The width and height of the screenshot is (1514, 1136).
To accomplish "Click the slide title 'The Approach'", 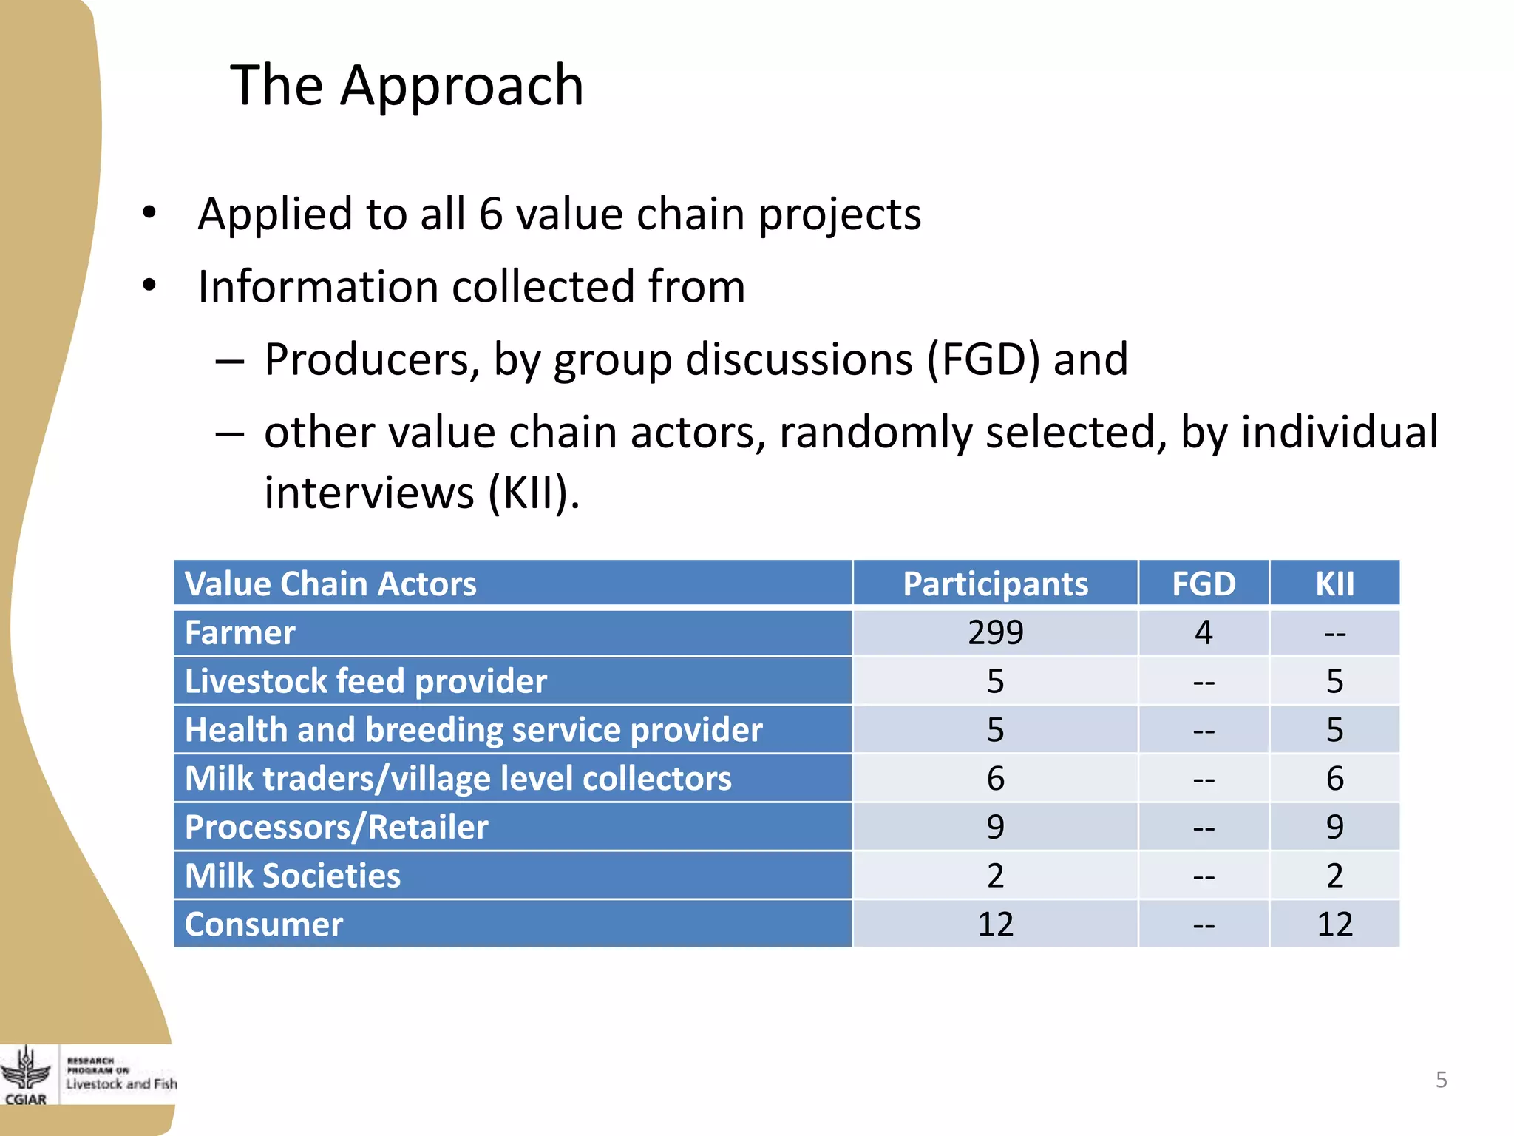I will (407, 86).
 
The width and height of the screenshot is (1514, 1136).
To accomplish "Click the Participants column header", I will (995, 584).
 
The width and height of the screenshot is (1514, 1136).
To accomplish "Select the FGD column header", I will (1204, 584).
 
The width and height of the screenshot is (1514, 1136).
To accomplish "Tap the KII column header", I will (1334, 584).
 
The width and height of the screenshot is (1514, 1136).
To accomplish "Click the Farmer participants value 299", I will (995, 633).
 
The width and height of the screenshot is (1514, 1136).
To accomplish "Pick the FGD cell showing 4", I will (1204, 633).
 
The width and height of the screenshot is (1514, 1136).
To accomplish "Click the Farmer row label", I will (240, 633).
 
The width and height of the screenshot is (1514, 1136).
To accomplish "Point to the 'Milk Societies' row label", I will (292, 876).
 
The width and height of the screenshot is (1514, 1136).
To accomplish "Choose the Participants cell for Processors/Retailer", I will (995, 828).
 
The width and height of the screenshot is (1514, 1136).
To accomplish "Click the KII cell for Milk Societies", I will (1334, 876).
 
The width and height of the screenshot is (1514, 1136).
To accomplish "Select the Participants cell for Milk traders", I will (995, 779).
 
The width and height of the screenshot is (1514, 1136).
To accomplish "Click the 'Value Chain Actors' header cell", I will (330, 584).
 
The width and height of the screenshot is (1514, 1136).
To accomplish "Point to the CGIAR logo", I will (26, 1076).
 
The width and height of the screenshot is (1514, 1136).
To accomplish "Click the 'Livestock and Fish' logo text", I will (121, 1084).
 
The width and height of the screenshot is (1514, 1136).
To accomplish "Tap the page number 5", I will (1441, 1080).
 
